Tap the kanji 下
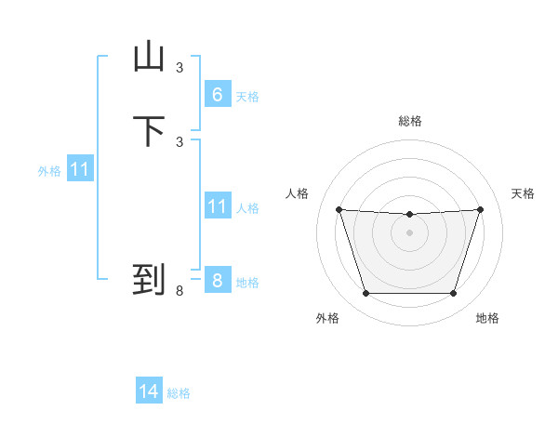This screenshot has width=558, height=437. (149, 131)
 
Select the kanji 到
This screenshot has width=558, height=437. (149, 279)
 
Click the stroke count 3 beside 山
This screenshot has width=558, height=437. (179, 67)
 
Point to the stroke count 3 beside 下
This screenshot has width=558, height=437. (179, 141)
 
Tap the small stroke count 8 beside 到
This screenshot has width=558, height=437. (179, 291)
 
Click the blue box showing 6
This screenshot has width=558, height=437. (217, 95)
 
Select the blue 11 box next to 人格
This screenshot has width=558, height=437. (217, 206)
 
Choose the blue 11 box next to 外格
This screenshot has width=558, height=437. (79, 170)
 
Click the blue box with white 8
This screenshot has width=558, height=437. (217, 281)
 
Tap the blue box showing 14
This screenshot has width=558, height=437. (149, 392)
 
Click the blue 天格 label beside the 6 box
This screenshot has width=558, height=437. (247, 97)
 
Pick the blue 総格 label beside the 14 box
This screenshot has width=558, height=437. (179, 393)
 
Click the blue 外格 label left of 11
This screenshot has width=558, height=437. (49, 171)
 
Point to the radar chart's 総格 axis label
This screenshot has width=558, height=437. (410, 121)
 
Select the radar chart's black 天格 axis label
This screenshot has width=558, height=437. (524, 193)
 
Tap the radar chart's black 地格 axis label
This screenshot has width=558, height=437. (487, 318)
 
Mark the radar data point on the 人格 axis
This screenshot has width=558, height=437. (339, 209)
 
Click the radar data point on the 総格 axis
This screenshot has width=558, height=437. (409, 215)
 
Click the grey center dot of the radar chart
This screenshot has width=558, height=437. (409, 232)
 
